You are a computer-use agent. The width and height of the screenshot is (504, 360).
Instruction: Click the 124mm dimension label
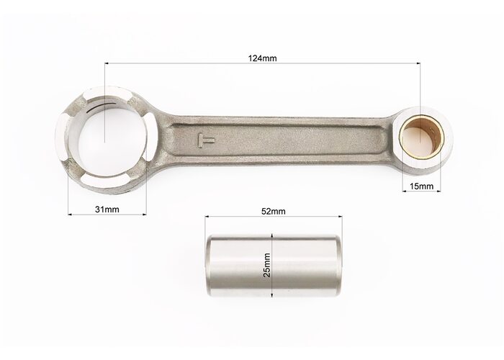(262, 58)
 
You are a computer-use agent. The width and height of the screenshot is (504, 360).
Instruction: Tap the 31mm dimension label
(107, 210)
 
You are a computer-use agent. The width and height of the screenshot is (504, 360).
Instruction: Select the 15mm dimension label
(421, 186)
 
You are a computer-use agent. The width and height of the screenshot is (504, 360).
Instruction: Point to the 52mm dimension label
(273, 211)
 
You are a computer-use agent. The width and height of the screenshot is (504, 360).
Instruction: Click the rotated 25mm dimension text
(266, 266)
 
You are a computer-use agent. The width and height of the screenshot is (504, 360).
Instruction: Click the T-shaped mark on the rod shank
(206, 140)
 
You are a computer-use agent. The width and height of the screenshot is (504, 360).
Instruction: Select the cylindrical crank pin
(273, 266)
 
